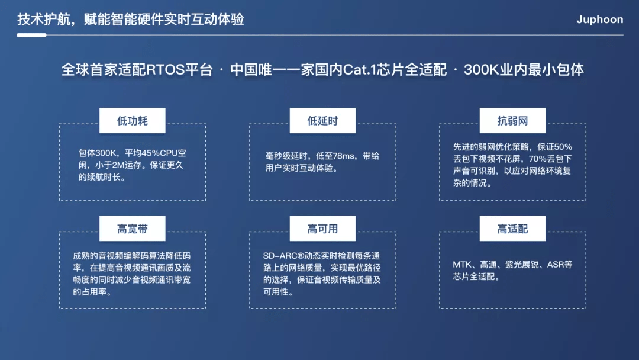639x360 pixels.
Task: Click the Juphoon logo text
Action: click(x=599, y=20)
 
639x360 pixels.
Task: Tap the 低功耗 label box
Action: click(x=133, y=121)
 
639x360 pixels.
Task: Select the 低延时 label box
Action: click(x=323, y=121)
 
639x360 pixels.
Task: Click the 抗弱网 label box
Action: click(x=512, y=121)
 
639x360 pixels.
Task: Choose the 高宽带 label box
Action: click(x=133, y=229)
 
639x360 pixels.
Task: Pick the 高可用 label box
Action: click(x=323, y=229)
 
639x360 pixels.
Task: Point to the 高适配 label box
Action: click(x=512, y=229)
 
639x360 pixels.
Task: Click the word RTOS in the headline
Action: click(x=166, y=70)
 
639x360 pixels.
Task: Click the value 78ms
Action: click(x=344, y=156)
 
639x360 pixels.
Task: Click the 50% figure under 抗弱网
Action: click(x=563, y=147)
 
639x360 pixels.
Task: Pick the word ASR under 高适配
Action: click(x=555, y=265)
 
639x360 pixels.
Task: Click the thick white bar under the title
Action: click(x=31, y=35)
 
